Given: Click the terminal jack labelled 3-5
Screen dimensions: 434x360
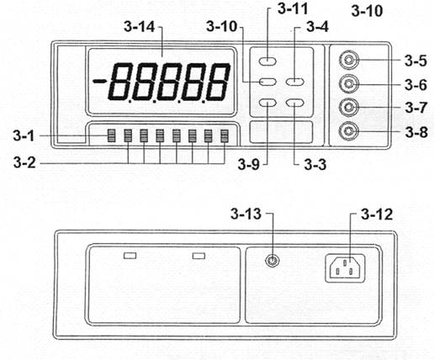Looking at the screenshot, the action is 348,60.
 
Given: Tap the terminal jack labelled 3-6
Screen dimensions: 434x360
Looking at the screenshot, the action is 348,83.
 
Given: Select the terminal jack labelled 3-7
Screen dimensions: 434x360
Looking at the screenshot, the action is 348,107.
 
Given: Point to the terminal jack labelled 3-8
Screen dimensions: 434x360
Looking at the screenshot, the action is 348,131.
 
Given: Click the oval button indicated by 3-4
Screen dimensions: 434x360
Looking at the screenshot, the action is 295,82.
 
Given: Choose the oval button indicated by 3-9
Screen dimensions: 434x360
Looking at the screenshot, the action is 267,103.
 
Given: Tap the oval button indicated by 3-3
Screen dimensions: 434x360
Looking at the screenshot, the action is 295,103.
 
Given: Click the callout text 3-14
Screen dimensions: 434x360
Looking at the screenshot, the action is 140,27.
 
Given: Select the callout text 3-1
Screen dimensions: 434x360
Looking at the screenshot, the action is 24,135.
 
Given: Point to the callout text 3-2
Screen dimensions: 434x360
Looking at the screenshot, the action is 24,162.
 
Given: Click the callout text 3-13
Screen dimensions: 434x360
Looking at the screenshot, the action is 246,214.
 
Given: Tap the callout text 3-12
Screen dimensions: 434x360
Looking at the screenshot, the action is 377,214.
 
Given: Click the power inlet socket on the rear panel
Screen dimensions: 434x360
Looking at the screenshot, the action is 345,268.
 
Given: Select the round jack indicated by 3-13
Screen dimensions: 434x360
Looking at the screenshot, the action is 272,261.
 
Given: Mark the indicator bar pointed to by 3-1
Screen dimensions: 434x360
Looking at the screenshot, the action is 112,135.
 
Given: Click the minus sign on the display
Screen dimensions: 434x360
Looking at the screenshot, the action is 99,82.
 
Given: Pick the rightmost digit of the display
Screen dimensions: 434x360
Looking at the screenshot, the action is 218,82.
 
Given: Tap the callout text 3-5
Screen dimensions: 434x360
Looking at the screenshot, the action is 415,61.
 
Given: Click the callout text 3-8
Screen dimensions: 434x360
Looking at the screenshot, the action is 416,132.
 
